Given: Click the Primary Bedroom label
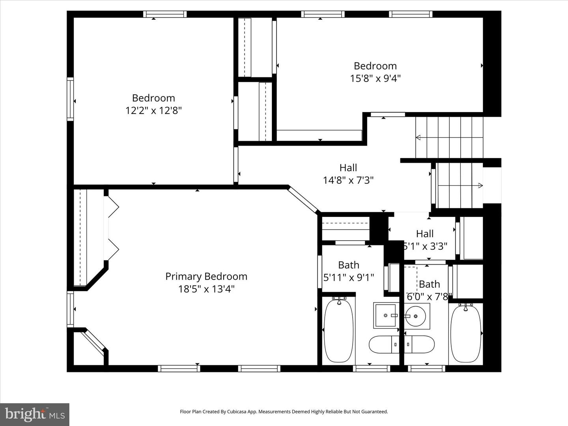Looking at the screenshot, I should click(x=206, y=276).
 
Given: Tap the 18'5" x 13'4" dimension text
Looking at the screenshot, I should click(x=206, y=289).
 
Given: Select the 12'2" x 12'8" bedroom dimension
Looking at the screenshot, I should click(x=153, y=110).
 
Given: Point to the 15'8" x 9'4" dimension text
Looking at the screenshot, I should click(x=375, y=78).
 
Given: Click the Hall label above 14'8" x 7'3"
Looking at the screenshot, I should click(x=348, y=168).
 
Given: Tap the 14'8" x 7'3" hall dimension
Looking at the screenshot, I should click(x=348, y=180).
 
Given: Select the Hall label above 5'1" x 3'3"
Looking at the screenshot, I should click(x=425, y=234).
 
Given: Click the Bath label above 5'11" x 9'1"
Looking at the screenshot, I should click(x=349, y=265).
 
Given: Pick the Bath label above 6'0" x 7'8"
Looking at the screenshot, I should click(x=429, y=284).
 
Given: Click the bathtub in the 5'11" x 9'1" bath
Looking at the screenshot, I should click(x=338, y=331).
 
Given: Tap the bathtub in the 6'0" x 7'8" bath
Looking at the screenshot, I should click(x=465, y=333).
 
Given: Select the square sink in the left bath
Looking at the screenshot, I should click(x=385, y=315).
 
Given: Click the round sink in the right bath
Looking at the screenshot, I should click(x=417, y=316).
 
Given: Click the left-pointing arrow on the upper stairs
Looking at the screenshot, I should click(x=418, y=137).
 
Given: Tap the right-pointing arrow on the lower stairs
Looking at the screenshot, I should click(x=480, y=185).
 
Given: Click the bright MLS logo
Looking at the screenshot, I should click(x=35, y=414).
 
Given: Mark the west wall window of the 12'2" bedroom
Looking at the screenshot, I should click(x=70, y=99).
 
